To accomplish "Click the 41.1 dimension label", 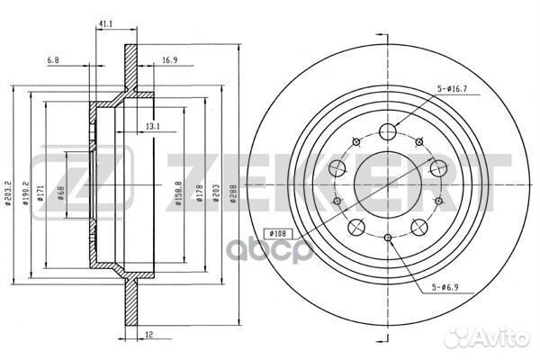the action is click(x=106, y=23).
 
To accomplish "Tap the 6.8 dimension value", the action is click(x=53, y=60).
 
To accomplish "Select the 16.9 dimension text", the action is click(x=169, y=60).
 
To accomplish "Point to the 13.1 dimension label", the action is click(x=153, y=127).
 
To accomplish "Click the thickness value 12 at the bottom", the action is click(x=148, y=335).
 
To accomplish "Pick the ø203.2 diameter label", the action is click(x=8, y=193).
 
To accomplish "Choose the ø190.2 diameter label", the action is click(x=25, y=193).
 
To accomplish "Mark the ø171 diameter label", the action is click(x=40, y=194).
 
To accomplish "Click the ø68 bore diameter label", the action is click(x=61, y=194).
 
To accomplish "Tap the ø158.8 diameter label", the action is click(x=178, y=193).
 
